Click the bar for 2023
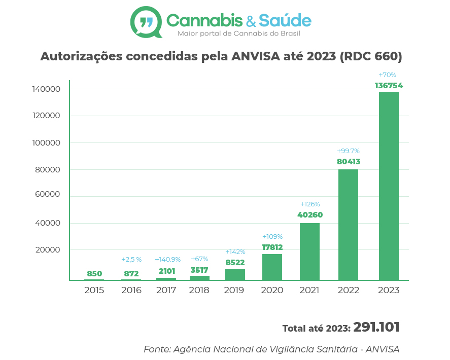click(389, 186)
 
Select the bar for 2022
click(348, 224)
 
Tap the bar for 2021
click(309, 251)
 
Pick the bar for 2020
click(272, 267)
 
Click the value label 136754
click(389, 86)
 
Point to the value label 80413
click(348, 162)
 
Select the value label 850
click(94, 274)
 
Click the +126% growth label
click(309, 204)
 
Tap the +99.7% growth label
click(348, 151)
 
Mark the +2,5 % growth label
click(131, 260)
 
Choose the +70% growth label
click(387, 75)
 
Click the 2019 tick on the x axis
click(234, 291)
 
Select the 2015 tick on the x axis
click(94, 291)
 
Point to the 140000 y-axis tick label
click(46, 89)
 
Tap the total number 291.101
click(376, 328)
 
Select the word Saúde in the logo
click(285, 20)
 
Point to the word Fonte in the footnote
click(156, 349)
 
